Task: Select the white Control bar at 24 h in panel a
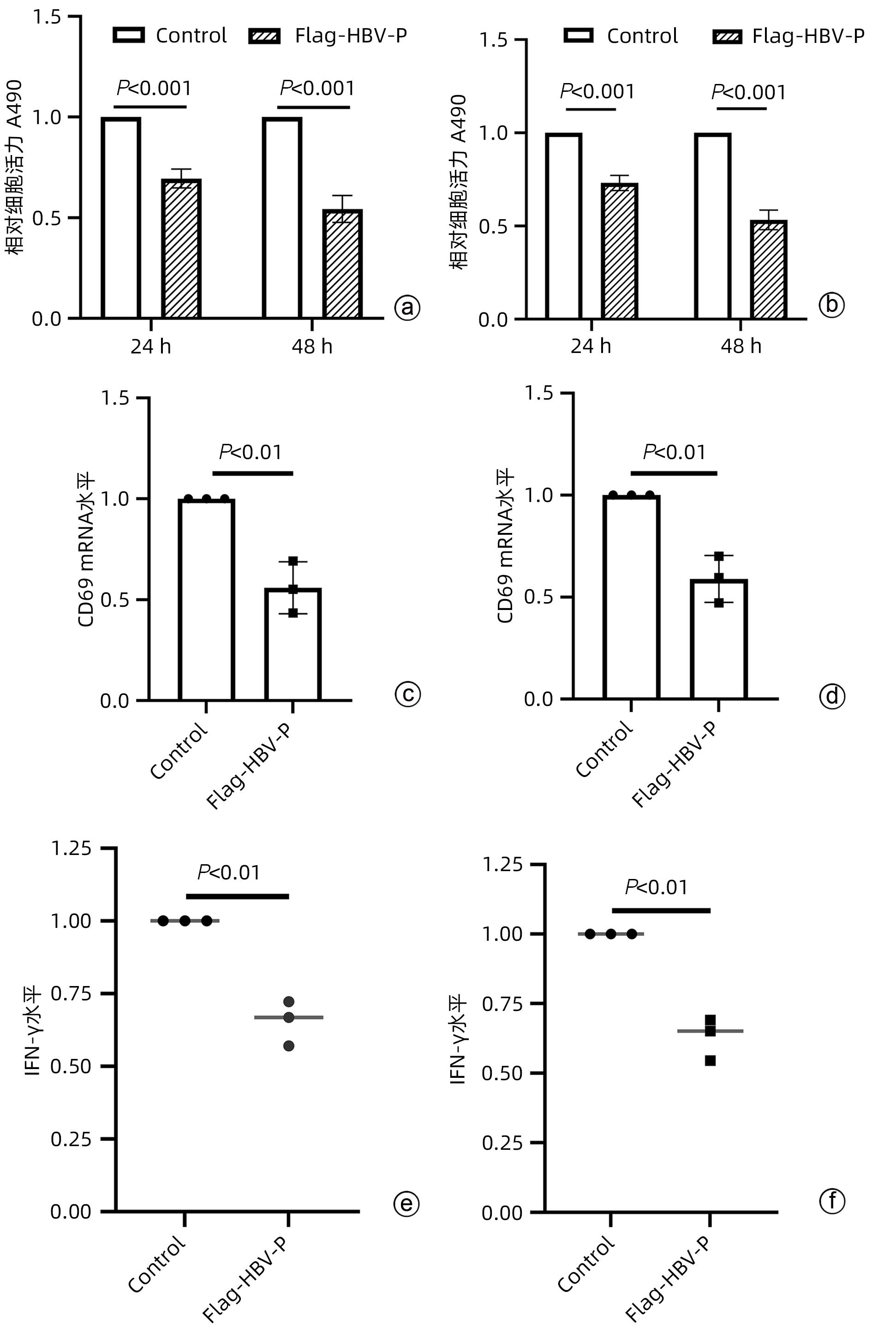(121, 218)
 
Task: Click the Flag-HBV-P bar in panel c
(293, 644)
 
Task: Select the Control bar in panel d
(631, 597)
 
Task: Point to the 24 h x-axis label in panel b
(591, 346)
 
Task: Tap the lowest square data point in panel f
(710, 1060)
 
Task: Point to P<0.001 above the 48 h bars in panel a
(317, 88)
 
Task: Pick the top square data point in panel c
(293, 561)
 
